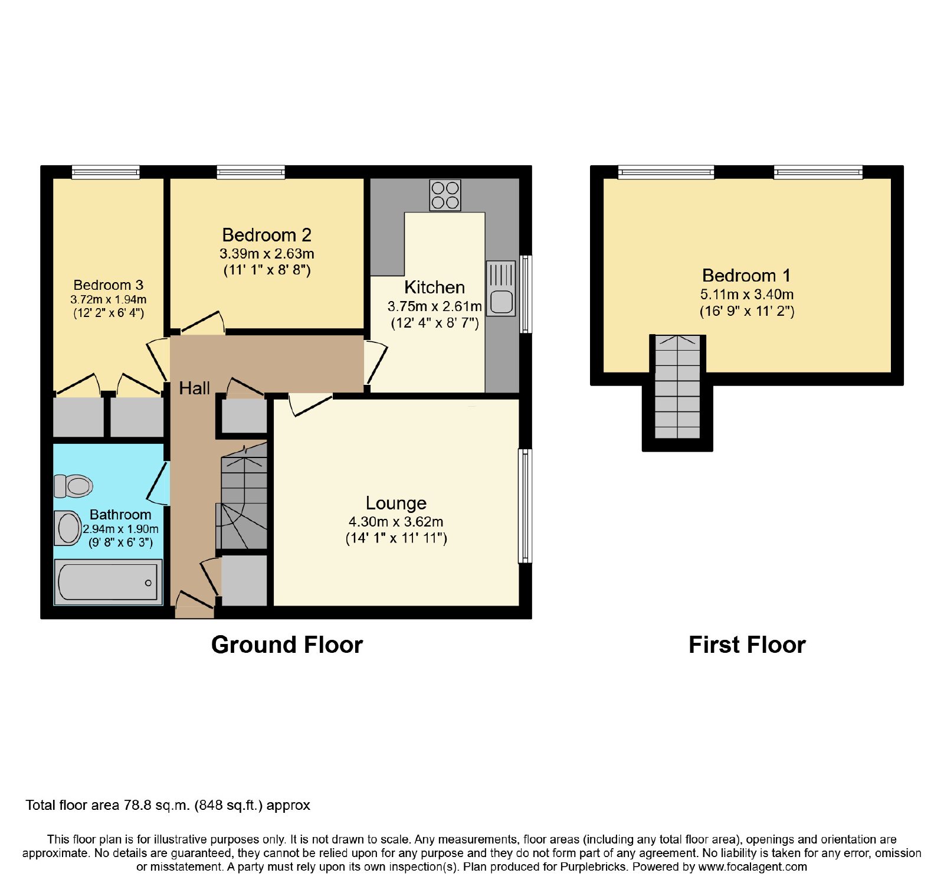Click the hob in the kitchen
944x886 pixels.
pos(445,195)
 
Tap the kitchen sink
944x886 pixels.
pos(501,289)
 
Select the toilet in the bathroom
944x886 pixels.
pos(73,486)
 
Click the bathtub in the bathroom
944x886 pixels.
pos(108,582)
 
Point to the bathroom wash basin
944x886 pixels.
pos(68,528)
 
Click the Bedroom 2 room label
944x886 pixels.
pos(267,235)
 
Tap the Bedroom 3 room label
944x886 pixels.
pos(109,285)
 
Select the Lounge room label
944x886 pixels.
pos(396,503)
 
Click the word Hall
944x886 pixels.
pos(195,388)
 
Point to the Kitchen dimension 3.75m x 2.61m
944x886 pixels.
pos(435,306)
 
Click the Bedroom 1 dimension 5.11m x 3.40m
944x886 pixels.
pos(747,294)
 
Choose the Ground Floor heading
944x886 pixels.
pos(287,645)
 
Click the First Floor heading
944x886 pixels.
pos(747,645)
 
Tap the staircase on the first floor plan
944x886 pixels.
pos(677,387)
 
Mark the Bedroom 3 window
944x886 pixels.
pos(106,172)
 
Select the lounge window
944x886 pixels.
pos(525,506)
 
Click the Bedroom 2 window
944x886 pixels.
pos(251,172)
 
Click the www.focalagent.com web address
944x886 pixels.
pos(753,867)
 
